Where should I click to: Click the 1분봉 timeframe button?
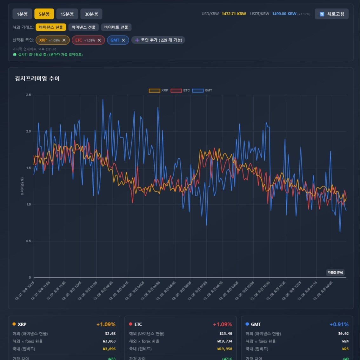pyautogui.click(x=22, y=14)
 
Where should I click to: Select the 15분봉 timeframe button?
pyautogui.click(x=67, y=14)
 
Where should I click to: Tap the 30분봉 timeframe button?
pyautogui.click(x=91, y=14)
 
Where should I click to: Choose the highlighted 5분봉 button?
pyautogui.click(x=44, y=14)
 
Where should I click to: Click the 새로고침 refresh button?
pyautogui.click(x=331, y=14)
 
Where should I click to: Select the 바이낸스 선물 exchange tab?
pyautogui.click(x=83, y=27)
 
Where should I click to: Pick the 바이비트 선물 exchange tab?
pyautogui.click(x=116, y=27)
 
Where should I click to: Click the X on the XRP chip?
pyautogui.click(x=64, y=40)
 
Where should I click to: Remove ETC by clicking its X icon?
pyautogui.click(x=99, y=40)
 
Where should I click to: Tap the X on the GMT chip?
pyautogui.click(x=123, y=40)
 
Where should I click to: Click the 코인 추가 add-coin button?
pyautogui.click(x=158, y=40)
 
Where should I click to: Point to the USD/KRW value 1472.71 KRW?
pyautogui.click(x=234, y=14)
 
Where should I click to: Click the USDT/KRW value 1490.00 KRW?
pyautogui.click(x=284, y=14)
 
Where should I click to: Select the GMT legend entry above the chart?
pyautogui.click(x=202, y=91)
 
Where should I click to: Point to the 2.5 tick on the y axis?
pyautogui.click(x=29, y=95)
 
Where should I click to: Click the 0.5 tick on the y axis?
pyautogui.click(x=29, y=241)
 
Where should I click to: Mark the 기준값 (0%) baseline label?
pyautogui.click(x=335, y=272)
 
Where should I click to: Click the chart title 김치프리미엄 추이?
pyautogui.click(x=37, y=78)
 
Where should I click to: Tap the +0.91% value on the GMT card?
pyautogui.click(x=339, y=324)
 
